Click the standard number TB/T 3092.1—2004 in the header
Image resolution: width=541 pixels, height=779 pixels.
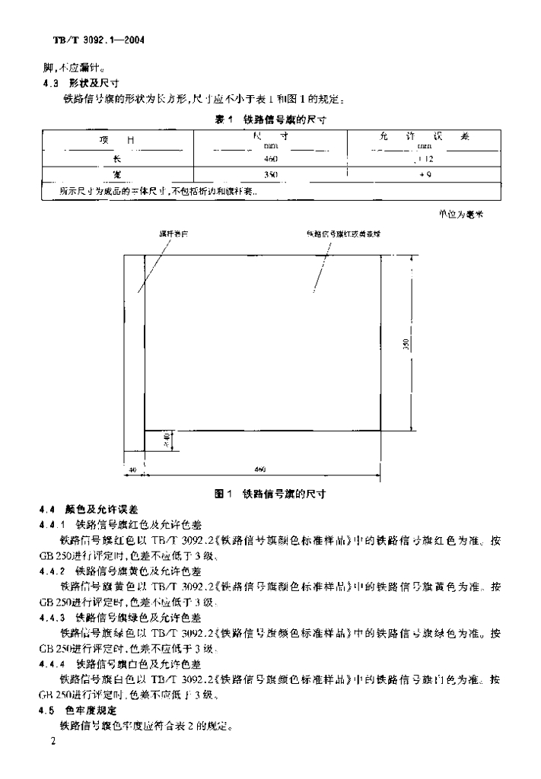(94, 38)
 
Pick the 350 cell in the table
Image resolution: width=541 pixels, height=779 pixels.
(271, 175)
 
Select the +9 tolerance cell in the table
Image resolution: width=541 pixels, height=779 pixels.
(425, 175)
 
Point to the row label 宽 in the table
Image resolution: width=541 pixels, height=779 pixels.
(116, 175)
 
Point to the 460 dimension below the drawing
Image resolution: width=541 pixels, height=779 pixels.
(259, 470)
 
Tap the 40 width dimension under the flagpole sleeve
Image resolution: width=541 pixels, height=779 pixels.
(132, 470)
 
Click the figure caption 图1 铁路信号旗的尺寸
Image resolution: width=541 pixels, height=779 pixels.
(270, 494)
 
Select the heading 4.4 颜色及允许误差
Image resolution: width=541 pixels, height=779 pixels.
(91, 509)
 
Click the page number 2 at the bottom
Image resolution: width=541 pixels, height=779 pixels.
(52, 740)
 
